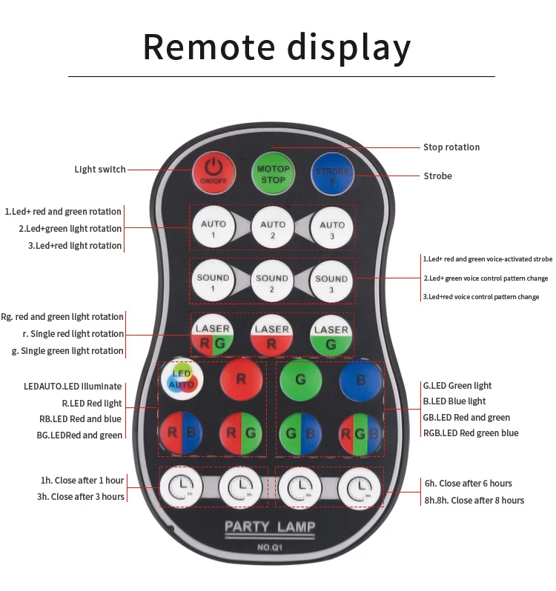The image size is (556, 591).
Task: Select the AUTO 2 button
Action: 273,227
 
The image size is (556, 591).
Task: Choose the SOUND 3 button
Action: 331,281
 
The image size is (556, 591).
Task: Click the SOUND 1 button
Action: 213,281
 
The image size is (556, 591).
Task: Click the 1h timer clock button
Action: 181,487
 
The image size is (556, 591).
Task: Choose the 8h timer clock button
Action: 360,487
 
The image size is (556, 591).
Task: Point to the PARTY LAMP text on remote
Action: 270,527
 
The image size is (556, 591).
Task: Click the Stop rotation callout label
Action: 451,147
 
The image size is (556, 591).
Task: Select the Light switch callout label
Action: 100,170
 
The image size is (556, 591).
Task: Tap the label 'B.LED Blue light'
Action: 454,401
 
